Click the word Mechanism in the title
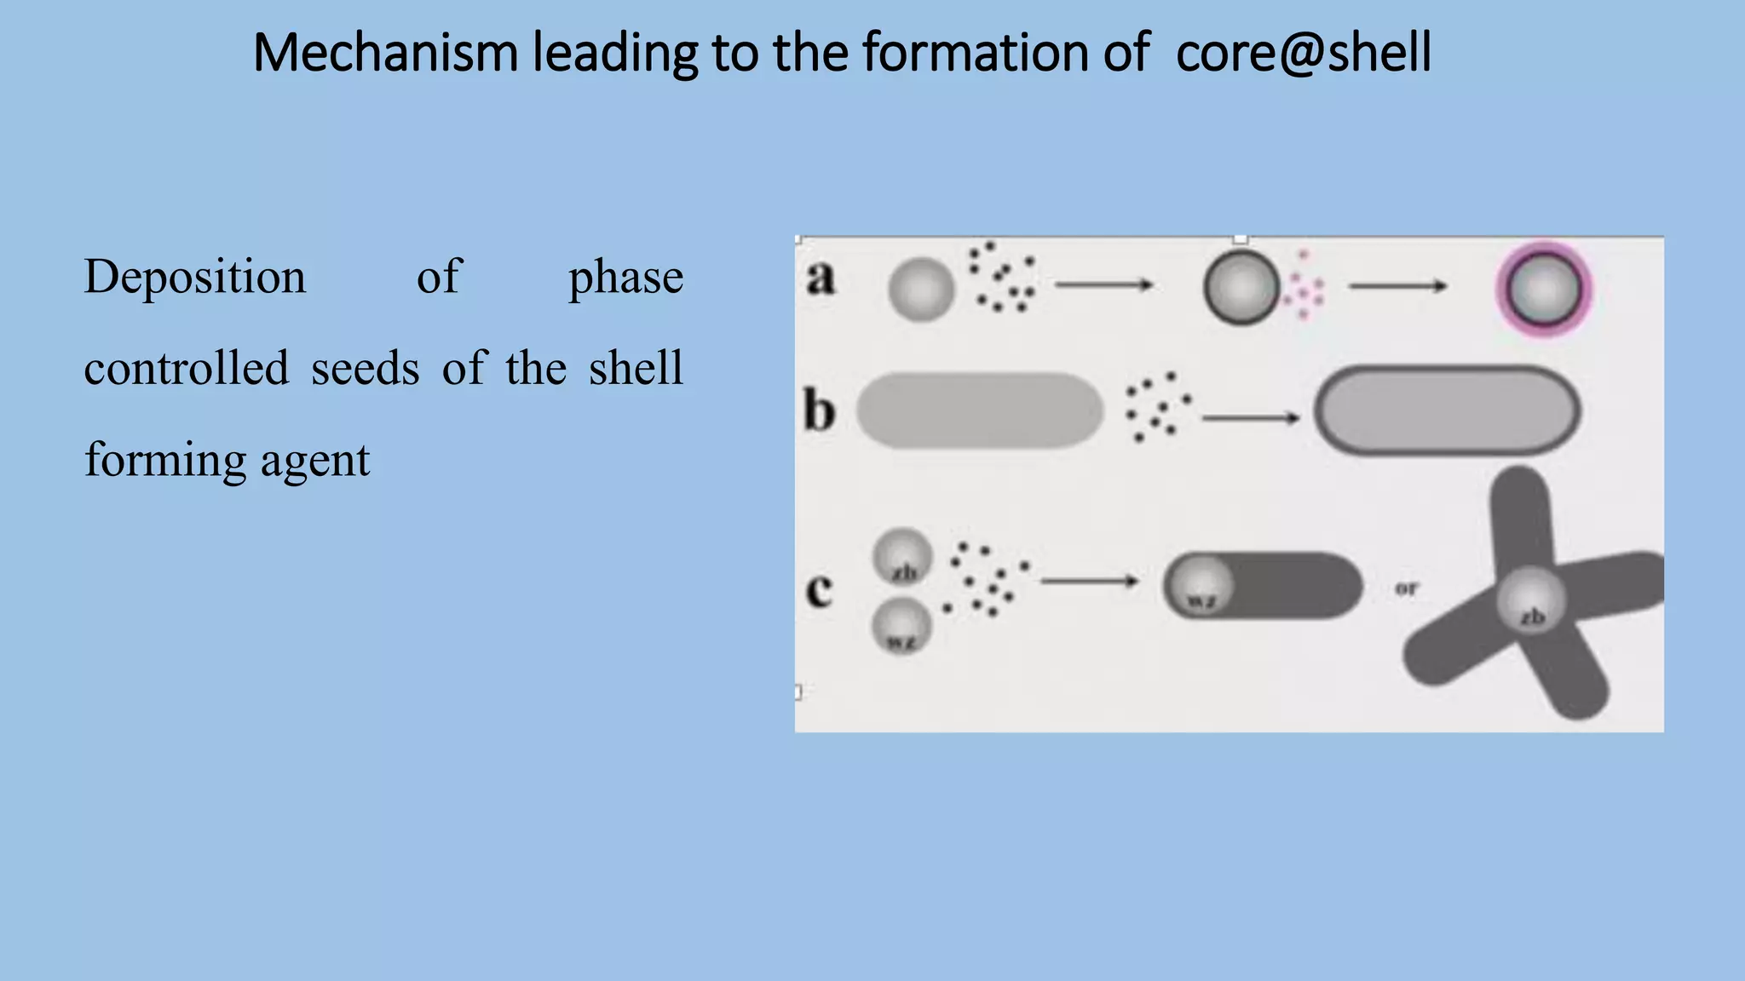click(x=385, y=53)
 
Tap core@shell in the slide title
click(x=1303, y=53)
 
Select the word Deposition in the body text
click(x=195, y=277)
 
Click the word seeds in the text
click(x=365, y=368)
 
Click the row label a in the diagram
click(x=821, y=278)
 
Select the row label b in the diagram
click(x=820, y=411)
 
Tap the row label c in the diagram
click(x=819, y=589)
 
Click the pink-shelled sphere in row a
click(x=1544, y=289)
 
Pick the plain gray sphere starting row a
click(x=921, y=290)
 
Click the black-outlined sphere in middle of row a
click(x=1241, y=288)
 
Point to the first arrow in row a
click(x=1103, y=285)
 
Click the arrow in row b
click(x=1250, y=418)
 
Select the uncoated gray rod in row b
click(x=980, y=410)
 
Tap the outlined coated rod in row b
click(x=1447, y=410)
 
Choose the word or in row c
click(x=1406, y=588)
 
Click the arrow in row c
click(x=1089, y=582)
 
